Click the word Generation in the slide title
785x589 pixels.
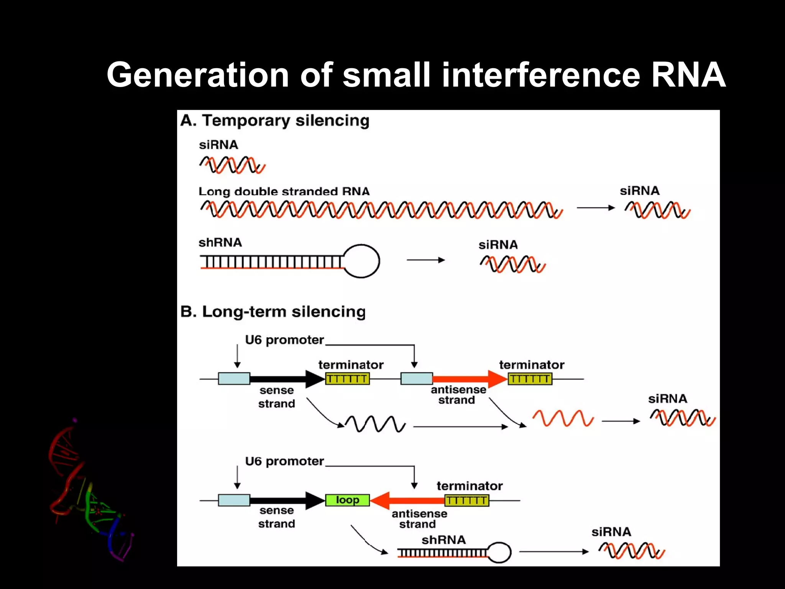[197, 76]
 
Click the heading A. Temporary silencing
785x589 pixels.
[275, 121]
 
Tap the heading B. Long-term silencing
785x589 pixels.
[273, 311]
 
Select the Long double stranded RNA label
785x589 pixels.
[284, 191]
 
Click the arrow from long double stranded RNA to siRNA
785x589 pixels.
[595, 208]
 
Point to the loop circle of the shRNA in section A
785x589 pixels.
[361, 261]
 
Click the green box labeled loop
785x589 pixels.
[347, 500]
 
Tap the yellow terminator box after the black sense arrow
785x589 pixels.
[347, 379]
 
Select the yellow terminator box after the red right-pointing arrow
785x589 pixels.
[530, 379]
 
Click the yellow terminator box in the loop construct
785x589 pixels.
[466, 500]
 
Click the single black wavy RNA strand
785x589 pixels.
[375, 424]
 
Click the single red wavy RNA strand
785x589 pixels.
[563, 418]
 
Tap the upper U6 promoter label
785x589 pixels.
[284, 340]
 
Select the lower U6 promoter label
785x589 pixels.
[284, 461]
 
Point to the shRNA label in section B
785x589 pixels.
[443, 540]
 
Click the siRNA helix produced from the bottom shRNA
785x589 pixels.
[632, 551]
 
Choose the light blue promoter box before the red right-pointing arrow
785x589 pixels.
[417, 379]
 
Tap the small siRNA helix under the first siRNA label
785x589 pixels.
[232, 165]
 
